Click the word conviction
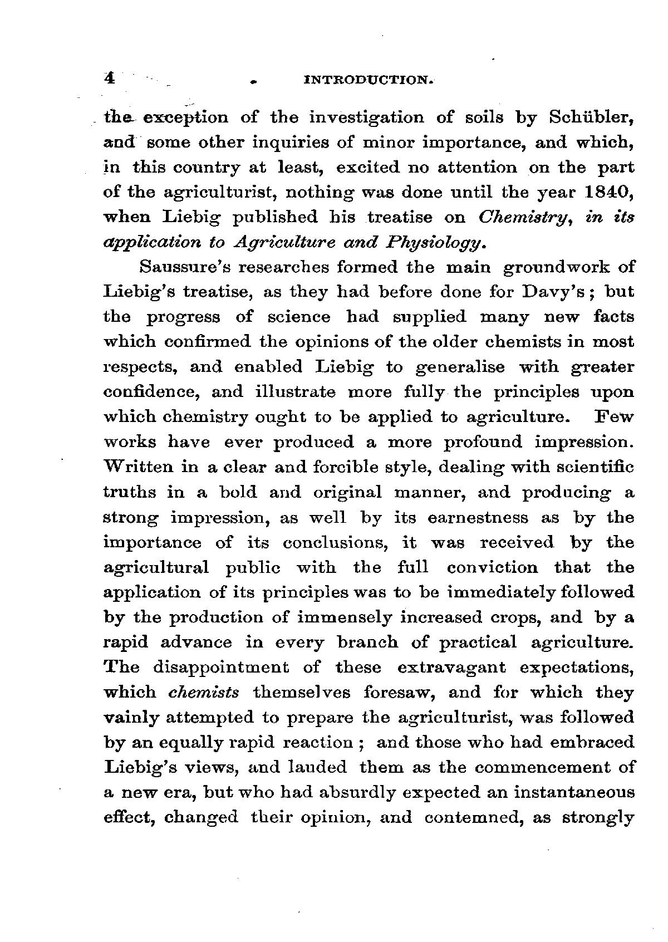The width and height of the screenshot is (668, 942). coord(492,567)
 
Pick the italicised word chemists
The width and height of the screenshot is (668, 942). coord(204,692)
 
